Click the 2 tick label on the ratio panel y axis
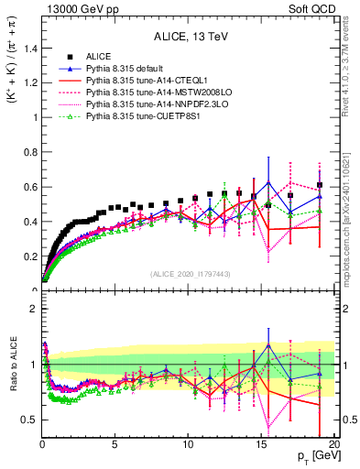click(32, 310)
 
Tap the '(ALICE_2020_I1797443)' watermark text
click(189, 274)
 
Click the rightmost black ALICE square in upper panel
click(319, 185)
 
